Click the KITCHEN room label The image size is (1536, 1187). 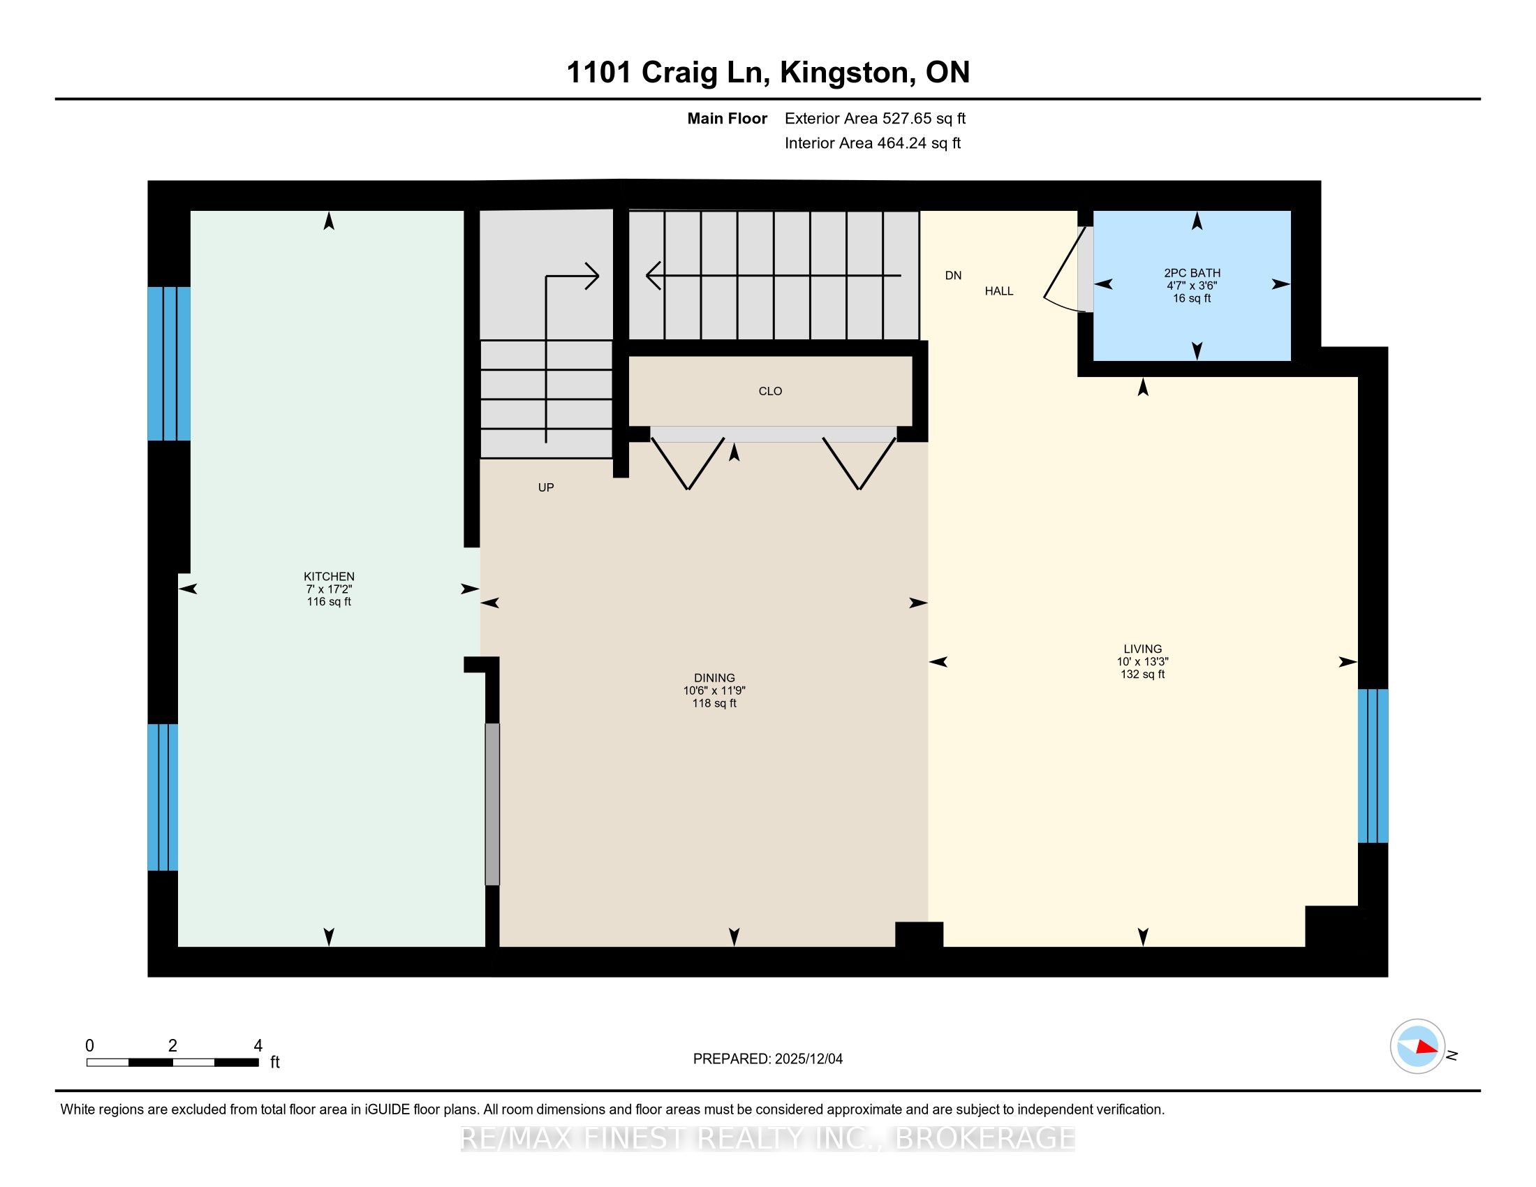coord(328,577)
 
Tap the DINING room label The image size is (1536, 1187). coord(714,678)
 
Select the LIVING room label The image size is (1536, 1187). coord(1142,649)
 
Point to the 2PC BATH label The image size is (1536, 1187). coord(1192,273)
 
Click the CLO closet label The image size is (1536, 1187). coord(770,391)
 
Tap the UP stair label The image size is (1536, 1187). coord(546,487)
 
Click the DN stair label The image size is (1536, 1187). coord(953,276)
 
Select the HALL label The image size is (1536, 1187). coord(998,291)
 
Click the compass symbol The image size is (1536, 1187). coord(1417,1046)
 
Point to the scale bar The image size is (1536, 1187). coord(172,1062)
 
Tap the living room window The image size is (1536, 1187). coord(1372,765)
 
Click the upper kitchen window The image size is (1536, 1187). coord(169,364)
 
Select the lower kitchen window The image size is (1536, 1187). coord(163,797)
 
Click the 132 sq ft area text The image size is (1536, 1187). coord(1142,674)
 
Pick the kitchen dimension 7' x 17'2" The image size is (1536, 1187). coord(328,589)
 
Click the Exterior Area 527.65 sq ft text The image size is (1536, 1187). coord(875,119)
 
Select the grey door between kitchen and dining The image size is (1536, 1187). coord(492,804)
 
